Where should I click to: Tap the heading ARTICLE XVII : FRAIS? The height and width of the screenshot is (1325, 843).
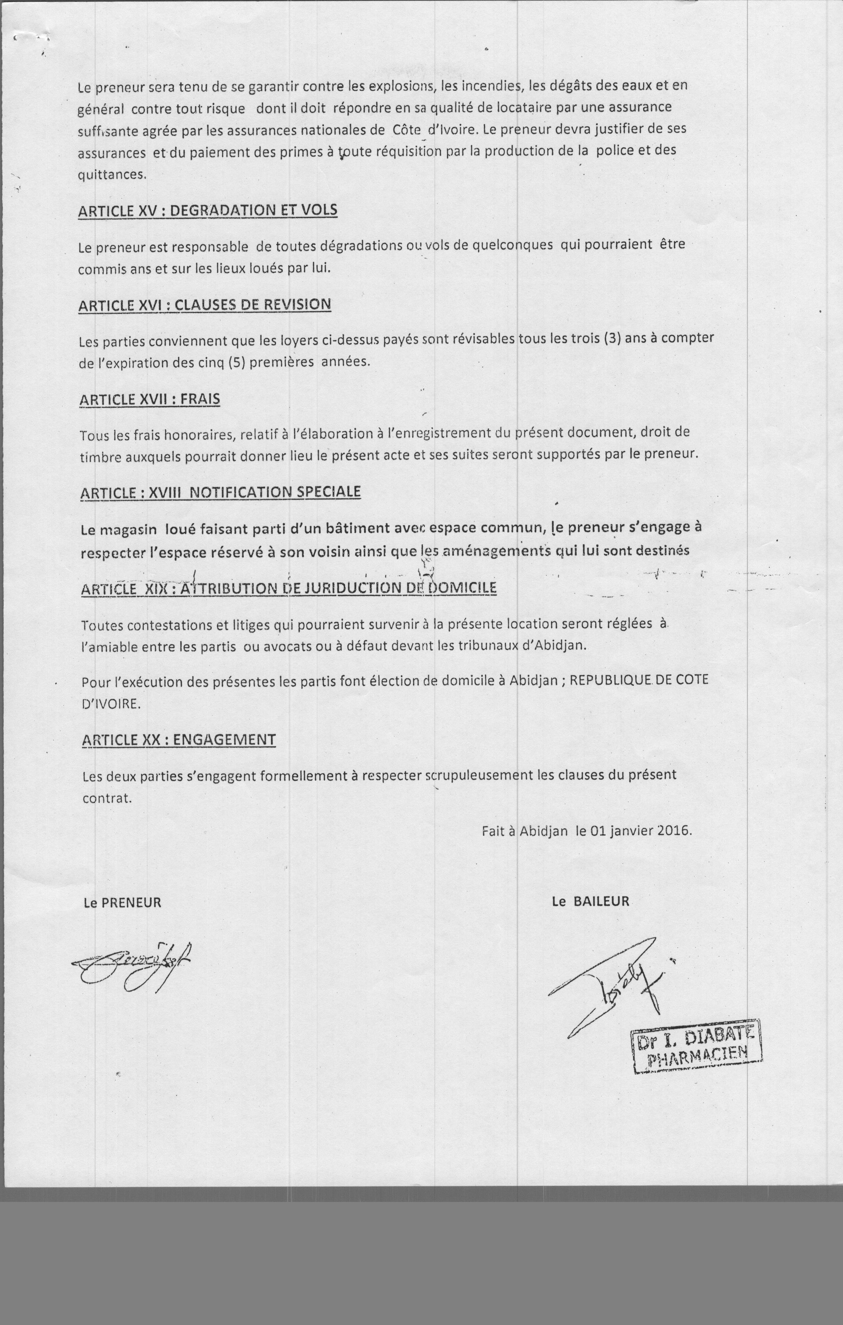pyautogui.click(x=150, y=399)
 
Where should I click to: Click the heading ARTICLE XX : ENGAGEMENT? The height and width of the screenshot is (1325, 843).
pyautogui.click(x=179, y=740)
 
